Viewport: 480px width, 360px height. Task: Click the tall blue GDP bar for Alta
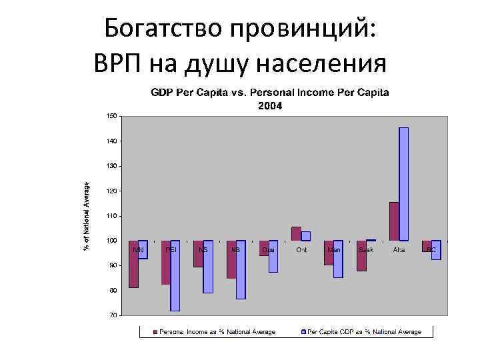[403, 183]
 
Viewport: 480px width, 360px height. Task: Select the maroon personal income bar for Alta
[394, 221]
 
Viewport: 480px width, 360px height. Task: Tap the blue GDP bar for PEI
[175, 275]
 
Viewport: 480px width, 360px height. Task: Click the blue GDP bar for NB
[241, 269]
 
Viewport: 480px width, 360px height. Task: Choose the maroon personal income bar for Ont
[296, 233]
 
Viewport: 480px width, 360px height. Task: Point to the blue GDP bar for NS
[208, 267]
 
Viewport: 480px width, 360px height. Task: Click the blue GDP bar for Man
[338, 259]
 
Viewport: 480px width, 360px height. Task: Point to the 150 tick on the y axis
[111, 116]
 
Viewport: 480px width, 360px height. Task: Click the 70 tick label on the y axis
[113, 315]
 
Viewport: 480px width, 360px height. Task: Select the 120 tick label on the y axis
[111, 191]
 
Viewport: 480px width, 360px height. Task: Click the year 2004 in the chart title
[270, 105]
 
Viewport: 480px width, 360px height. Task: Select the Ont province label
[301, 250]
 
